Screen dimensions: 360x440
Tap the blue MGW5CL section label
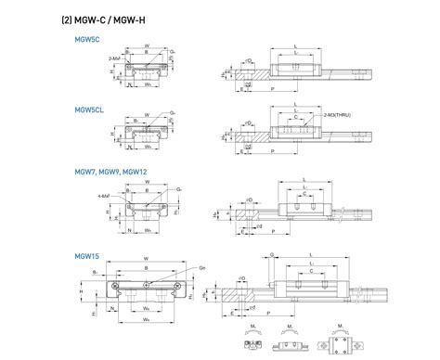pyautogui.click(x=90, y=109)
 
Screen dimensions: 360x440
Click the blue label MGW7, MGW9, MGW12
pyautogui.click(x=107, y=172)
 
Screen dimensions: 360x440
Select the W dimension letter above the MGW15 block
pyautogui.click(x=148, y=259)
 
